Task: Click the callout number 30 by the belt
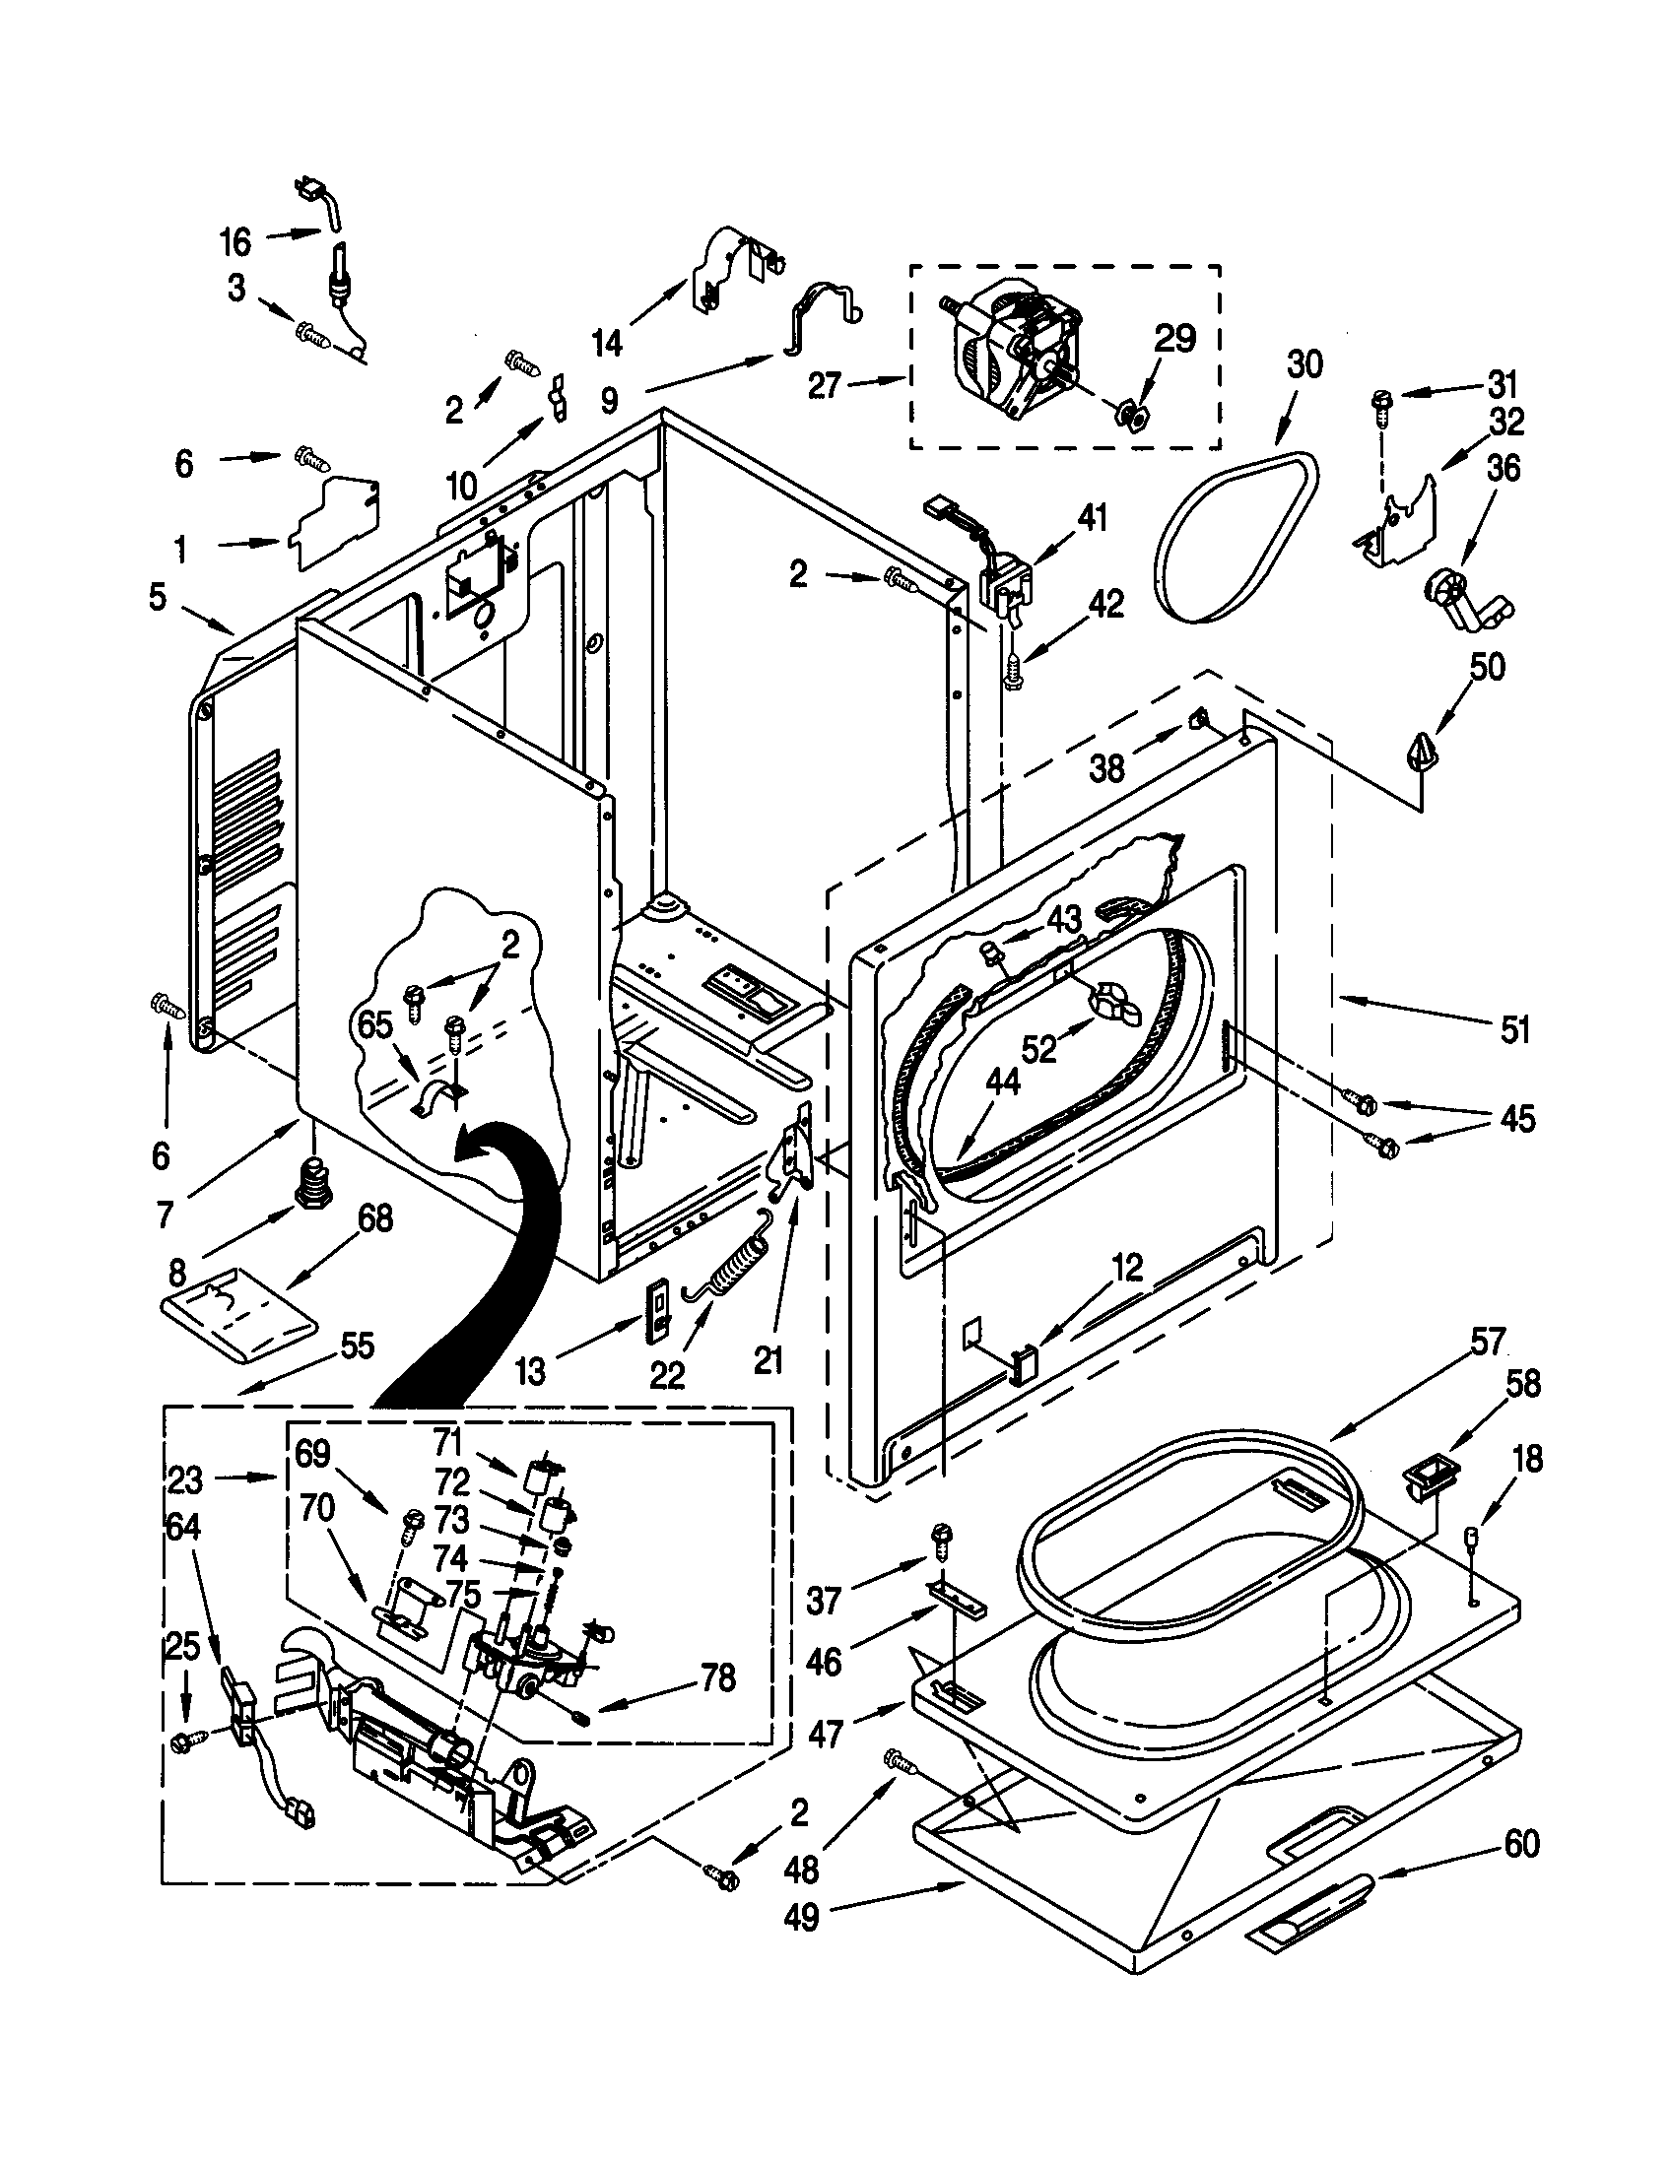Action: click(1303, 364)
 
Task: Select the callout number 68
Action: click(374, 1218)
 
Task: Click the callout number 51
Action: click(1513, 1031)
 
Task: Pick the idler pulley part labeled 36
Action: click(1460, 599)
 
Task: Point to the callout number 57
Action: click(1488, 1345)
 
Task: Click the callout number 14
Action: click(606, 345)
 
